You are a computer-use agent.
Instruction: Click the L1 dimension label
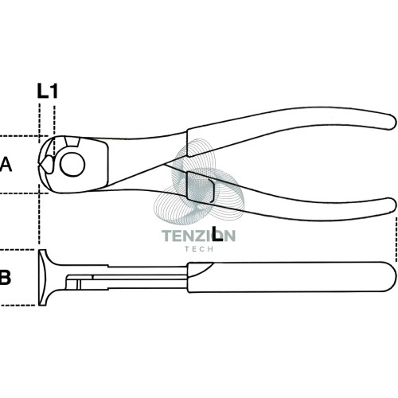pos(47,91)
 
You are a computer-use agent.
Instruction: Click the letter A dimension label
pos(6,164)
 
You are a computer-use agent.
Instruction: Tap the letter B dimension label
pos(6,277)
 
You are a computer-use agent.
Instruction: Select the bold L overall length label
pos(217,233)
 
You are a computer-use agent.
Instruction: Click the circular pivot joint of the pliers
pos(72,165)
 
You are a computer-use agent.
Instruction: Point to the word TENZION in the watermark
pos(198,236)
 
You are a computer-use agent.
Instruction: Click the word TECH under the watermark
pos(199,249)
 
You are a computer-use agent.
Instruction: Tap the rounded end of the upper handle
pos(392,122)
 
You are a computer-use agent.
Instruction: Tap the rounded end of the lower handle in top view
pos(392,205)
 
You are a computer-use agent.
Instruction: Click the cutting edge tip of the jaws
pos(39,165)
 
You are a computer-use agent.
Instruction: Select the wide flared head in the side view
pos(45,277)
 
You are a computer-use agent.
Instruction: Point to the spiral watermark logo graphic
pos(199,181)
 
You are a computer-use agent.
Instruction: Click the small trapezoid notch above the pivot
pos(72,142)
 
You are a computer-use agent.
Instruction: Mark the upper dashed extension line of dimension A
pos(25,136)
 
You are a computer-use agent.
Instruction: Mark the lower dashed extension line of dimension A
pos(25,193)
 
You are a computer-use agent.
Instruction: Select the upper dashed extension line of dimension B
pos(18,249)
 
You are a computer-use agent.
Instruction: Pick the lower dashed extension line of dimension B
pos(18,305)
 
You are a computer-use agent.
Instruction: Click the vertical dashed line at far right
pos(396,240)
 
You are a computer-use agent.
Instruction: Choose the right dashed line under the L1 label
pos(54,130)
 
